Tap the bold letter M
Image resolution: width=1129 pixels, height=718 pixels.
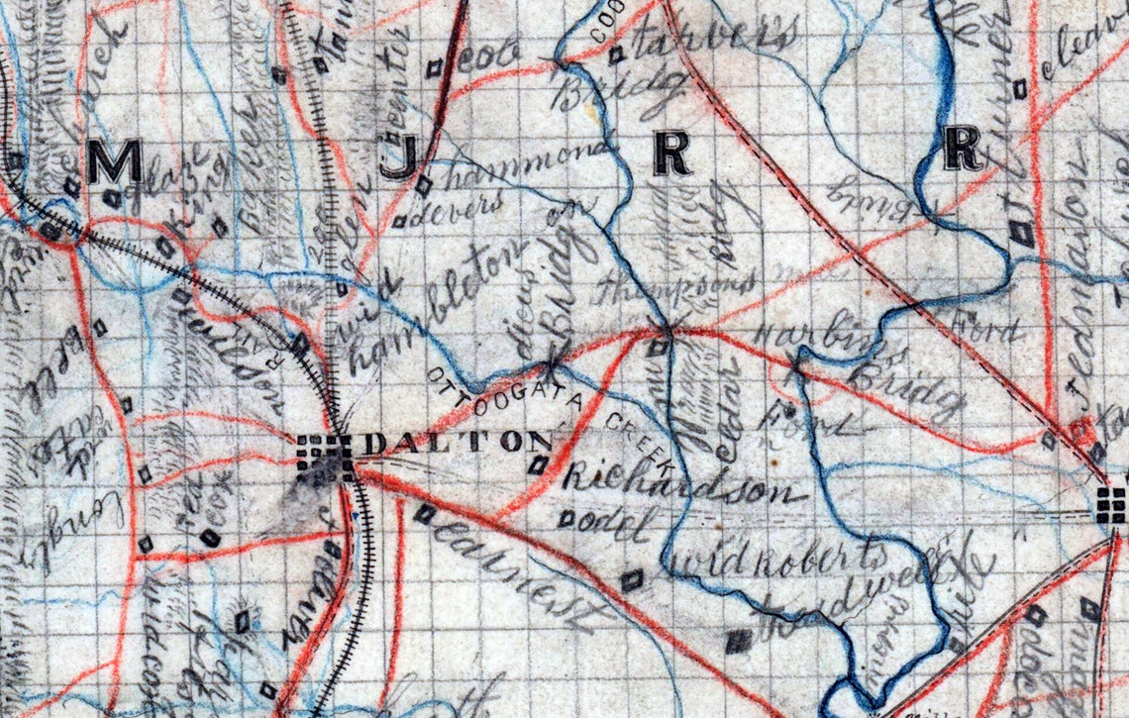tap(114, 160)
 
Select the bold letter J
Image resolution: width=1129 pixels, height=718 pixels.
tap(397, 158)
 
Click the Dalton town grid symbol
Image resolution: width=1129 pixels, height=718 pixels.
tap(325, 453)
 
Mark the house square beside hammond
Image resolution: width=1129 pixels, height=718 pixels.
tap(424, 184)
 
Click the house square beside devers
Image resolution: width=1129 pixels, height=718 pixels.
tap(399, 222)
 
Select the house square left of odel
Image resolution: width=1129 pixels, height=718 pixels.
tap(567, 517)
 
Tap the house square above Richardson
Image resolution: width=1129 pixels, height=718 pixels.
tap(539, 463)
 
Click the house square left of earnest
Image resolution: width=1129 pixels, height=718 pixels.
tap(425, 513)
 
